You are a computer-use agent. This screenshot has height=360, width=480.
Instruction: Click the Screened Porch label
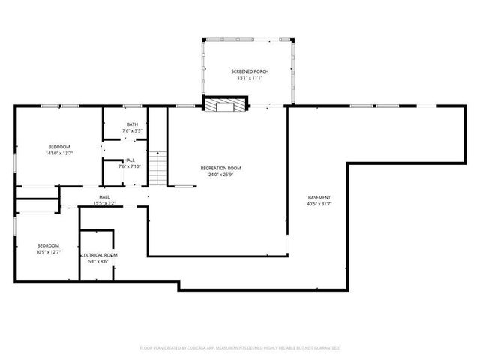(249, 71)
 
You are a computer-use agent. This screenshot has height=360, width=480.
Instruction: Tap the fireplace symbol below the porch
(226, 105)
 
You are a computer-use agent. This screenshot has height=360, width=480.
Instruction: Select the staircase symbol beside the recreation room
(156, 169)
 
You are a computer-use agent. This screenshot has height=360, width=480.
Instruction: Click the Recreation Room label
(220, 168)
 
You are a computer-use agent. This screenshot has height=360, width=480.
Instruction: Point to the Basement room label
(319, 198)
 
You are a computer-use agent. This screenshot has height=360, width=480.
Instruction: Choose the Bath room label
(132, 124)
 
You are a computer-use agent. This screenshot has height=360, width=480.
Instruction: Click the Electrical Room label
(98, 255)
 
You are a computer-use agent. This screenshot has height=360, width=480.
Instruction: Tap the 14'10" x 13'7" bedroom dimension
(59, 153)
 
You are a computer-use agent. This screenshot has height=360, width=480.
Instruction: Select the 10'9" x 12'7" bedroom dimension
(49, 252)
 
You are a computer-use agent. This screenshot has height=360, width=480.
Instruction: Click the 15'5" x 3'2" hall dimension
(104, 203)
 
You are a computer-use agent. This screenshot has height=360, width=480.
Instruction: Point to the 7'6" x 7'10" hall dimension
(130, 166)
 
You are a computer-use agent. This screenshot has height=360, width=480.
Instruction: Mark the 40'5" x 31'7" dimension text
(319, 204)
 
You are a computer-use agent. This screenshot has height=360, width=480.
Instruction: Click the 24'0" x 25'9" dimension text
(220, 175)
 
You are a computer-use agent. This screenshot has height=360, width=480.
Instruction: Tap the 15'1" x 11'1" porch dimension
(249, 78)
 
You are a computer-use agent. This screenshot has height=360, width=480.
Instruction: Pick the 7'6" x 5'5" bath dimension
(132, 131)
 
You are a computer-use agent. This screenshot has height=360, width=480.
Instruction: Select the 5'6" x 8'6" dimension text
(98, 262)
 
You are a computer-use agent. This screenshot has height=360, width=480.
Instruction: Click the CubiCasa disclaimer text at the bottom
(240, 347)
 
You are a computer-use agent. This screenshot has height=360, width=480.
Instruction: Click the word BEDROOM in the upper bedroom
(59, 146)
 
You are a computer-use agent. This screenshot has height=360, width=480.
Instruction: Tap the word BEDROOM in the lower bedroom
(49, 245)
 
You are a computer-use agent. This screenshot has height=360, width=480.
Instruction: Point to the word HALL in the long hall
(104, 197)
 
